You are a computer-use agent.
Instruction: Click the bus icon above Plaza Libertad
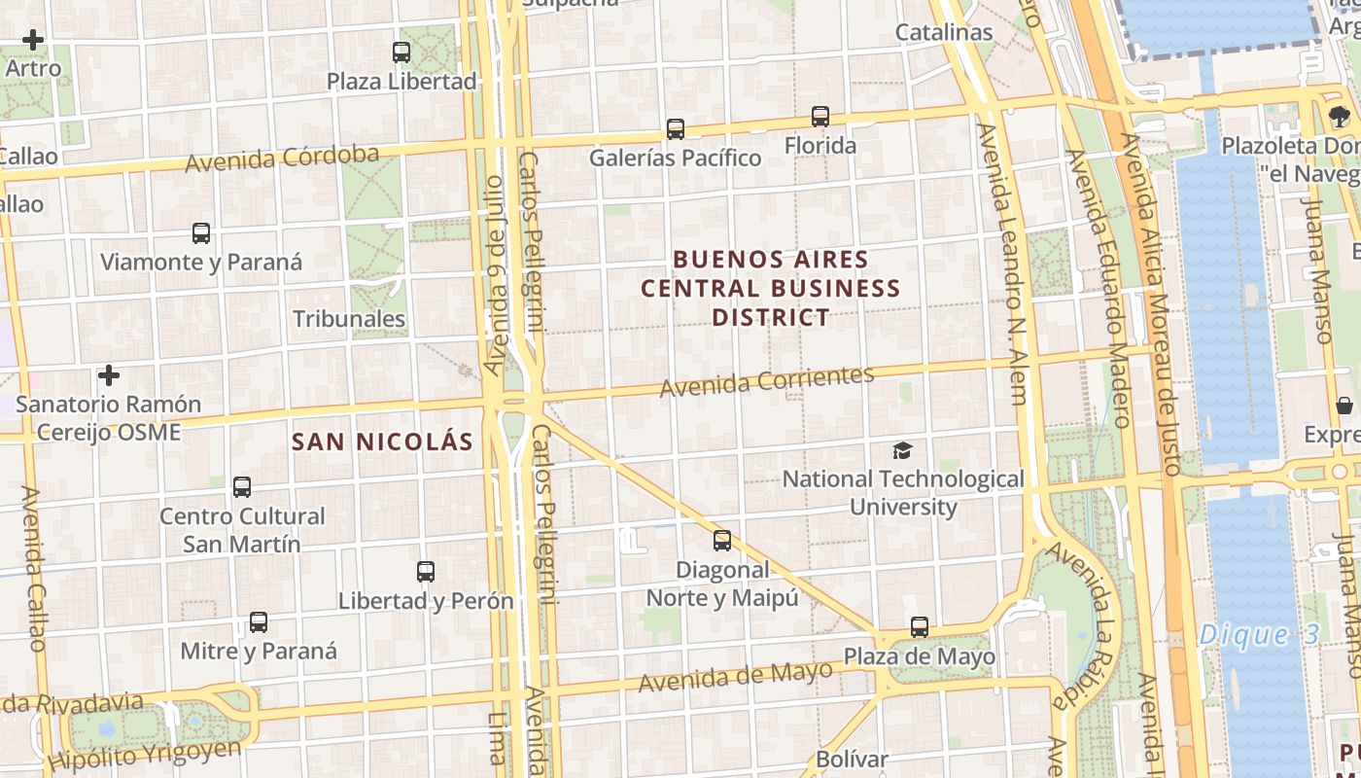point(401,53)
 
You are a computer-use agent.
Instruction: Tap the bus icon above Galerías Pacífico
point(675,129)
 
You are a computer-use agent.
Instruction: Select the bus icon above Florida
point(820,117)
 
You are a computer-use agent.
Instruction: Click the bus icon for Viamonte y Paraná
point(201,233)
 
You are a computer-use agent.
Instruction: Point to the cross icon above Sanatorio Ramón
point(109,375)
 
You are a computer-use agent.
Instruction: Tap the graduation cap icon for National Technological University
point(903,450)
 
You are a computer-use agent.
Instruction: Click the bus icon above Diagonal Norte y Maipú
point(722,541)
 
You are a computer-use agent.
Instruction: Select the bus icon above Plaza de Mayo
point(920,627)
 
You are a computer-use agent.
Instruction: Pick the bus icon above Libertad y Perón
point(426,572)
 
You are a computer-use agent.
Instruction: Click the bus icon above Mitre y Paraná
point(259,622)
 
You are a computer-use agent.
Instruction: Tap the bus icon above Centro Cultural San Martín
point(242,487)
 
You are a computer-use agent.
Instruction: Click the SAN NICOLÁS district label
point(382,442)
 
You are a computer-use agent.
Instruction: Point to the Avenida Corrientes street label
point(767,381)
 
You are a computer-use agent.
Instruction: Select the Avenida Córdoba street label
point(282,159)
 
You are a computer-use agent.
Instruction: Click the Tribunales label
point(349,318)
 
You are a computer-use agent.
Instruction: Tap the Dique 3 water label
point(1259,635)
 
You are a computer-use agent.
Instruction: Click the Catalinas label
point(943,32)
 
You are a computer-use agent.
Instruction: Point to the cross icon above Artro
point(33,40)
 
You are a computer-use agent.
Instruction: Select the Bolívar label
point(853,759)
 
